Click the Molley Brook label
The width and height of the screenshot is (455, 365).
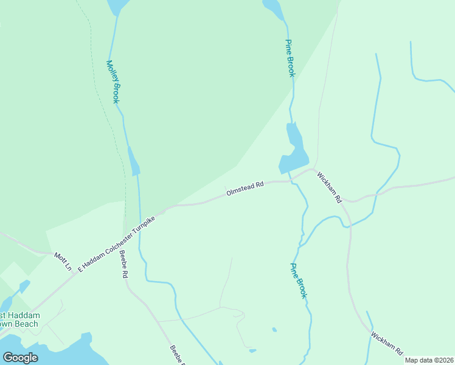(113, 82)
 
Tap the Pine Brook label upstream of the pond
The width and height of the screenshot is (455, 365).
(290, 58)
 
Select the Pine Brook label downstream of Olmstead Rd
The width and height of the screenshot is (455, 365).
(298, 280)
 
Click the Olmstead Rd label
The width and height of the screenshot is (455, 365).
(245, 187)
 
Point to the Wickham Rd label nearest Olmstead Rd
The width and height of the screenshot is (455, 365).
(330, 187)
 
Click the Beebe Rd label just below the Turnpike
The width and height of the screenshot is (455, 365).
(123, 265)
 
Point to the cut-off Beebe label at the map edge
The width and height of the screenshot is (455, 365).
(176, 356)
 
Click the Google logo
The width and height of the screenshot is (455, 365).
(21, 357)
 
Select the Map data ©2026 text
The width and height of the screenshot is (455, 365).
(429, 360)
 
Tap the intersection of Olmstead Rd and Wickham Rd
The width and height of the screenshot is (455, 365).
(312, 170)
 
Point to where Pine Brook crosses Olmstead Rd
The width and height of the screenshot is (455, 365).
(290, 180)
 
